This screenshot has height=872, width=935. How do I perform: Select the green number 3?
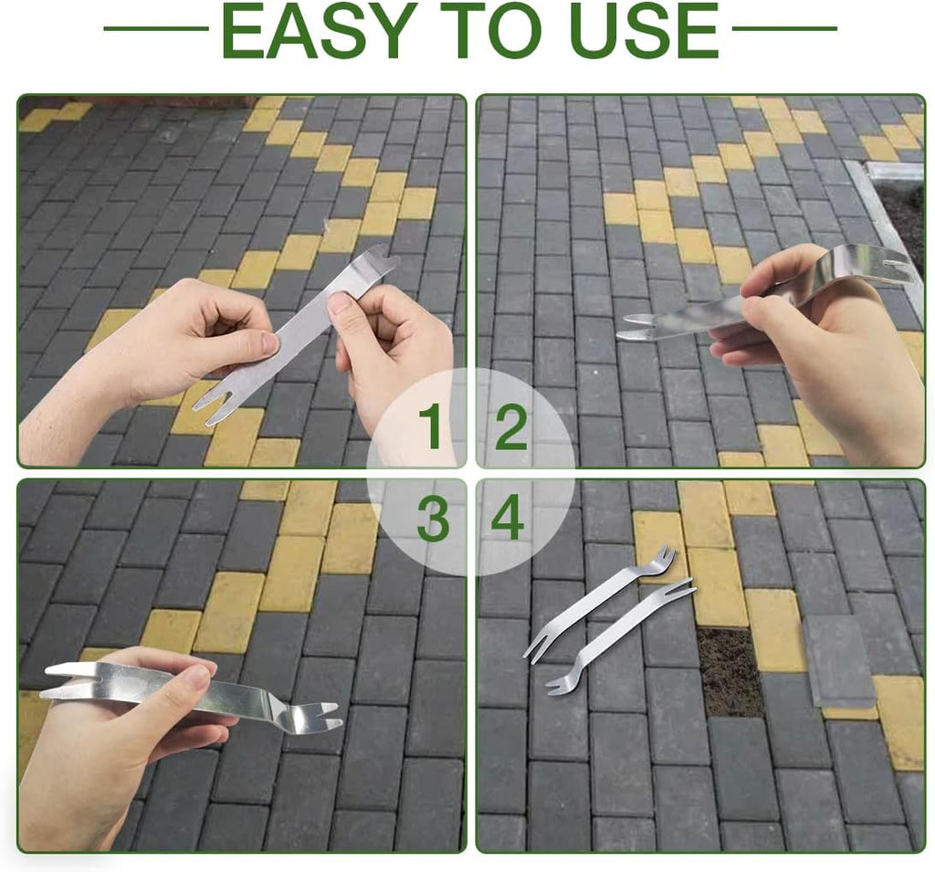tap(433, 520)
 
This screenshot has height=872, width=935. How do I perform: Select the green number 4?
tap(508, 519)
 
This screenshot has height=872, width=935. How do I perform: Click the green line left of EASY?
tap(156, 28)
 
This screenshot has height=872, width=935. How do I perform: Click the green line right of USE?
tap(784, 28)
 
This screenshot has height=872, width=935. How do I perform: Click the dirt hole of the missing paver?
tap(730, 672)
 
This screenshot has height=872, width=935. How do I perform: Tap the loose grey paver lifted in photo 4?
tap(837, 661)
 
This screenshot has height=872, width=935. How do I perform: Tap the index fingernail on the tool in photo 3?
tap(198, 676)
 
